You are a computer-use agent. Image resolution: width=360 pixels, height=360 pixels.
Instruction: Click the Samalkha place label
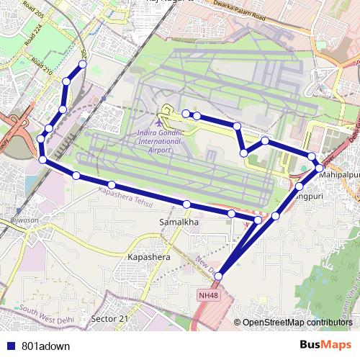pos(178,223)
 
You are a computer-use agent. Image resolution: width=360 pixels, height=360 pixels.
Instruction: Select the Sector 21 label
pos(110,318)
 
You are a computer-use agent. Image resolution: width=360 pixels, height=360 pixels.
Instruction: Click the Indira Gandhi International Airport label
pos(159,141)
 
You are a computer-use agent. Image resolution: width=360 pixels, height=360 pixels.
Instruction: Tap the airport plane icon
pos(159,120)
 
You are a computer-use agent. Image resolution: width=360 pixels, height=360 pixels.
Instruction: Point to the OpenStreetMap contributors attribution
pos(297,323)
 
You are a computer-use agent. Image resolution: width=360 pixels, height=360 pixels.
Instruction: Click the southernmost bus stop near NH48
pos(218,275)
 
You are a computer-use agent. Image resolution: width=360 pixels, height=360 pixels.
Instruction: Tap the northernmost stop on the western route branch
pos(83,65)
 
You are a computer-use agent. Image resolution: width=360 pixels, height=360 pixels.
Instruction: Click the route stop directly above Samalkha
pos(186,204)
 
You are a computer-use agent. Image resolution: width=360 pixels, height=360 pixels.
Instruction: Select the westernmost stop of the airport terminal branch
pos(186,113)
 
